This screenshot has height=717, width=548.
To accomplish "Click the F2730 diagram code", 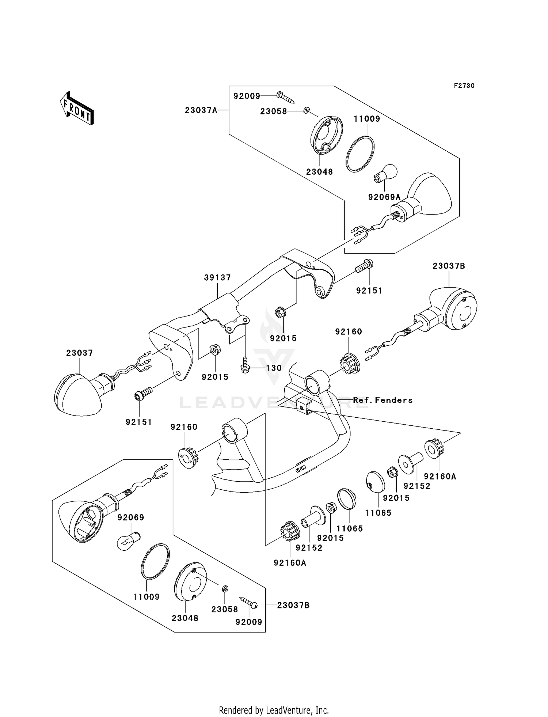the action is click(x=464, y=86).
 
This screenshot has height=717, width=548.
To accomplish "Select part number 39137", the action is click(x=218, y=278).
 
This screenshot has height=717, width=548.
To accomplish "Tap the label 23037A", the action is click(x=201, y=110).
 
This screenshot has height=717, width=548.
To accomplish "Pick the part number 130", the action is click(x=274, y=368).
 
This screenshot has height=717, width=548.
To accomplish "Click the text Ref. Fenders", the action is click(x=383, y=400).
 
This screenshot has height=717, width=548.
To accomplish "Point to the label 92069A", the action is click(x=384, y=197).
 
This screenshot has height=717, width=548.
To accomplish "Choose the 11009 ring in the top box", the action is click(x=360, y=153).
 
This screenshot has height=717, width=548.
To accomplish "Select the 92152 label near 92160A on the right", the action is click(x=417, y=486).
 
